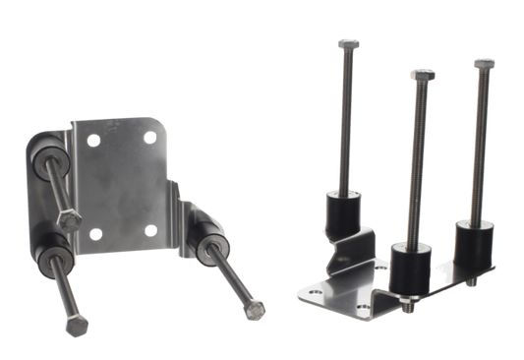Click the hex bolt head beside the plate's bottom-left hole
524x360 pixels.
coord(67,218)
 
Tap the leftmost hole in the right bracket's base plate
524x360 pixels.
coord(312,292)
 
